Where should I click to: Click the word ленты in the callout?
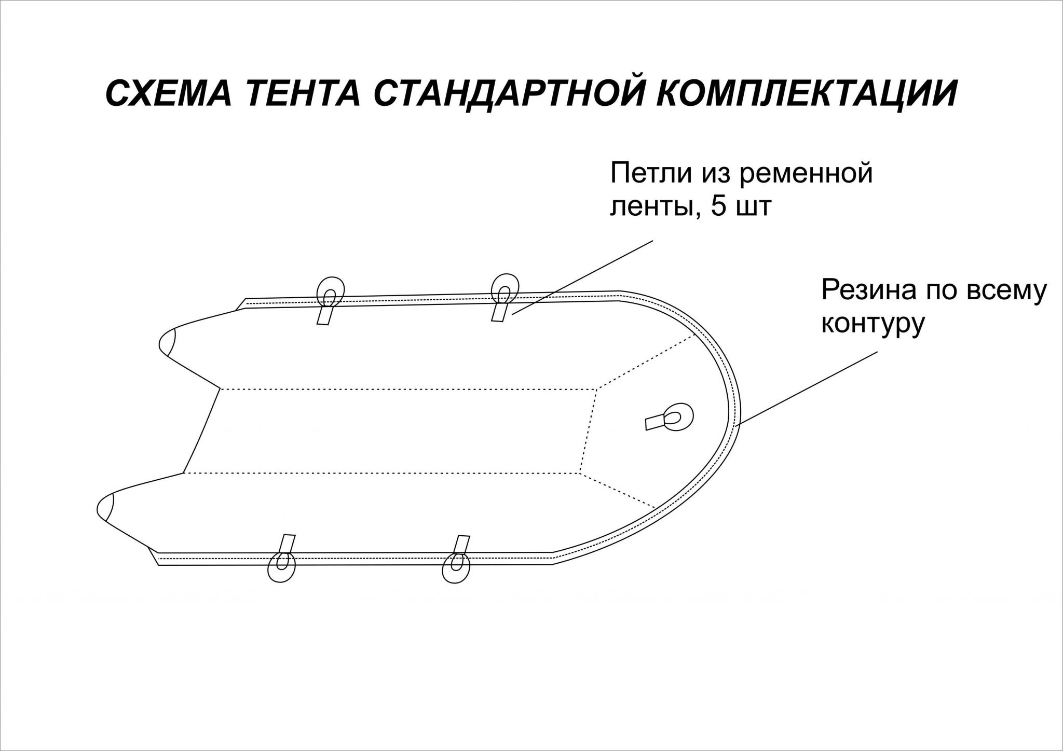[652, 207]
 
